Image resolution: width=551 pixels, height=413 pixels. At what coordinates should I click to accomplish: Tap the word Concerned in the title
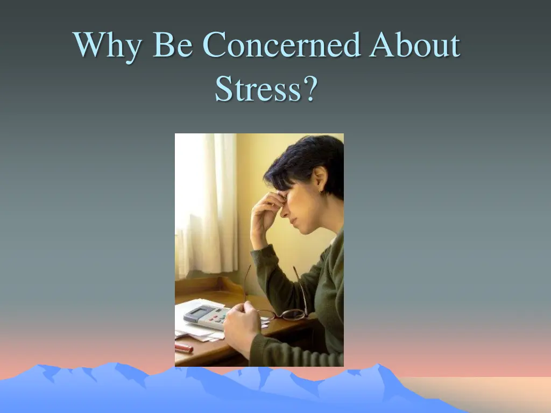pos(281,45)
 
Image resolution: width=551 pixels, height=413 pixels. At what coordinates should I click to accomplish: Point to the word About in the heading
pos(414,45)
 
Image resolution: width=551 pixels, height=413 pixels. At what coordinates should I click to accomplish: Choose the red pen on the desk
pos(183,348)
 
